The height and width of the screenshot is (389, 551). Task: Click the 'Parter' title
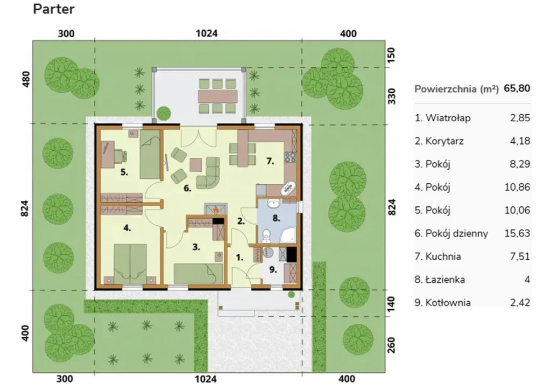[54, 9]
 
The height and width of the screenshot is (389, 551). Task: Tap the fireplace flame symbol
[216, 210]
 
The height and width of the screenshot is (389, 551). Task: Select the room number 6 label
[188, 189]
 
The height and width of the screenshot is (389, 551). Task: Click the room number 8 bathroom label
[276, 218]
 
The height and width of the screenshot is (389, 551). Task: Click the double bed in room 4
[130, 264]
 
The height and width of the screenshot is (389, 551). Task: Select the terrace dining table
[217, 96]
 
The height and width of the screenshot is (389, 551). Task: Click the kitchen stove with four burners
[291, 157]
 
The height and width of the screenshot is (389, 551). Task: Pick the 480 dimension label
[26, 80]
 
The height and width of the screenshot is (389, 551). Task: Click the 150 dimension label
[391, 54]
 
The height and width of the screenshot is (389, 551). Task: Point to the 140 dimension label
[391, 304]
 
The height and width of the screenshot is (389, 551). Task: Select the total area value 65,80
[517, 88]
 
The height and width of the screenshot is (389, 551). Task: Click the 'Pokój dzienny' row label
[456, 233]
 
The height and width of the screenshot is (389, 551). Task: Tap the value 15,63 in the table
[517, 233]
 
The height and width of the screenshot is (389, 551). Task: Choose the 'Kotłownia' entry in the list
[448, 302]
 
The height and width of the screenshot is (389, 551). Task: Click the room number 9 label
[273, 270]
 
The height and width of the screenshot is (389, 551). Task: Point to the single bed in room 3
[199, 274]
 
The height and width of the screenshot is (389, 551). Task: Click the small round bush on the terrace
[164, 114]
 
